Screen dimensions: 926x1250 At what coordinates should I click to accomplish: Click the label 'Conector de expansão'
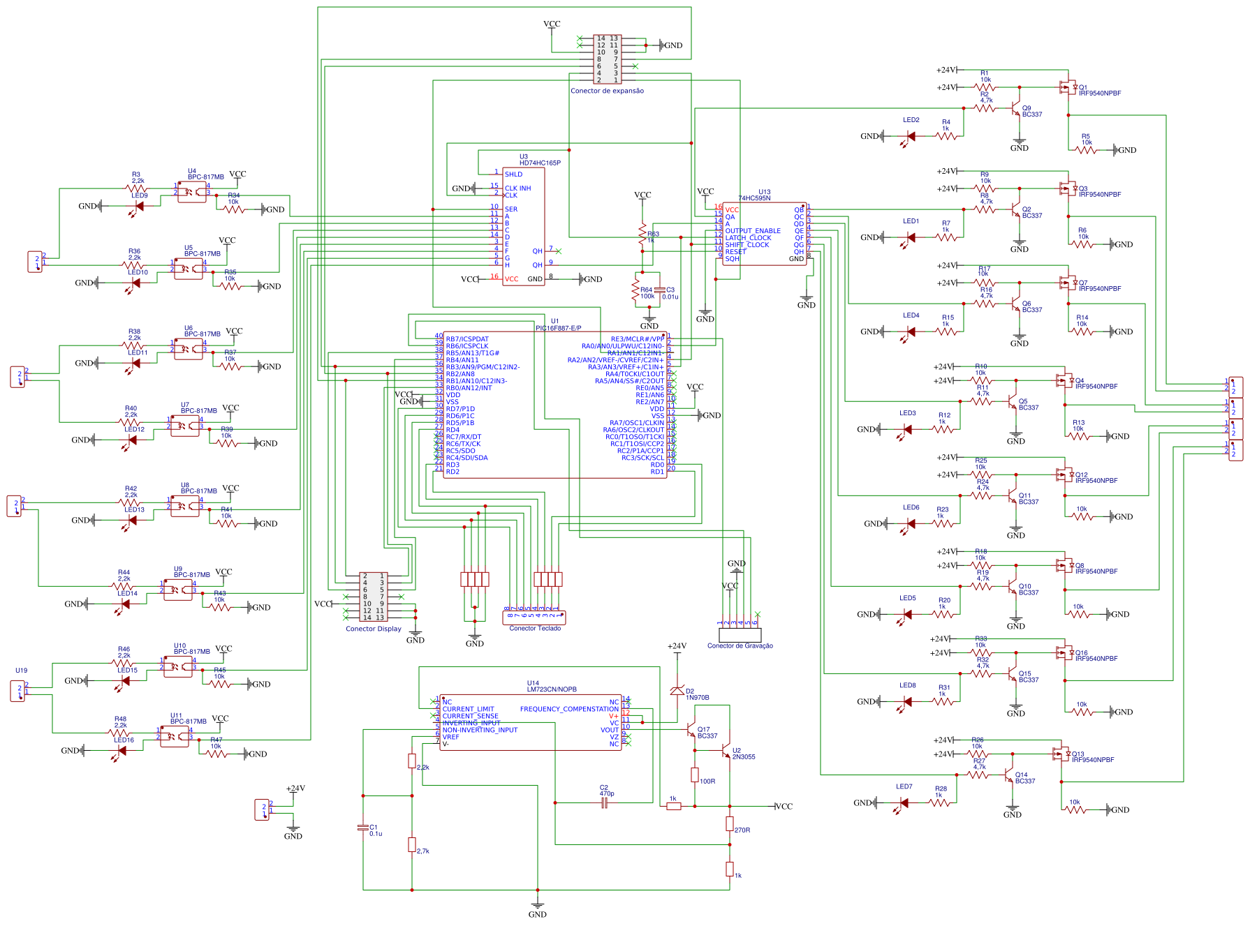coord(607,91)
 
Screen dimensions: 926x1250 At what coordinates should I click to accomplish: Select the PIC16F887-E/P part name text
coord(558,328)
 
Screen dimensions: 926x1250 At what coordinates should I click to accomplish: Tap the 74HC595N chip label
coord(754,198)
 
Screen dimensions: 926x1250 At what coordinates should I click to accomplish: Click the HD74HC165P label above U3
coord(540,163)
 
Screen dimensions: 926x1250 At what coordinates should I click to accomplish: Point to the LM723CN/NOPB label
coord(552,689)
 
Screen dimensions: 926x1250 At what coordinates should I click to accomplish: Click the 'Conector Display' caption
coord(374,629)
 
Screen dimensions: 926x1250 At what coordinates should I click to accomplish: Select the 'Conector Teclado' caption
coord(535,628)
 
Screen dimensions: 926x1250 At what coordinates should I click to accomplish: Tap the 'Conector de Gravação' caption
coord(740,645)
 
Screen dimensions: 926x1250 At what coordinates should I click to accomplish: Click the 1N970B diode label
coord(697,697)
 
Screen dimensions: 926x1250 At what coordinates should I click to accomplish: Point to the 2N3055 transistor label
coord(743,756)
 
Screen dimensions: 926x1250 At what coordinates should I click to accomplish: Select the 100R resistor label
coord(707,782)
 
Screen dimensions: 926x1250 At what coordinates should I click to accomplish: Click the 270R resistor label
coord(742,830)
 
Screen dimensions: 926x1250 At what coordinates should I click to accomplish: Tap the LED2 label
coord(911,120)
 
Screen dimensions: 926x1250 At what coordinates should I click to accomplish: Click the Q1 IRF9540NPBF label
coord(1099,93)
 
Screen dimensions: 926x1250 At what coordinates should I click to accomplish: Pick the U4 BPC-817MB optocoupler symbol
coord(192,192)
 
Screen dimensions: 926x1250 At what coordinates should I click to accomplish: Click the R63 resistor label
coord(653,234)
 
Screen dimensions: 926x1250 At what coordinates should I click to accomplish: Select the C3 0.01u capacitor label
coord(670,293)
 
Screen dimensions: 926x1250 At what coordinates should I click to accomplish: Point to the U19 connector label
coord(21,671)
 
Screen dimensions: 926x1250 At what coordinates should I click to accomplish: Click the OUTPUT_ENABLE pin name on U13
coord(752,230)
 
